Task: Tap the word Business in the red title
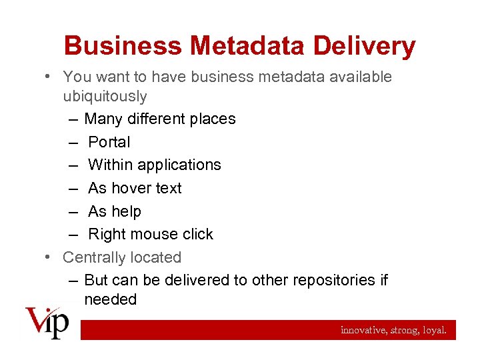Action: [123, 46]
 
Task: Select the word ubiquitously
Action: [105, 97]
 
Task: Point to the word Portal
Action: [109, 142]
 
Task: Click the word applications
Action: [181, 165]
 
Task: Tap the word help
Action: [126, 211]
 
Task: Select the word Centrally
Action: [93, 257]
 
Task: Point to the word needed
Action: [110, 300]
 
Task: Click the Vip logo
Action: [47, 322]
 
